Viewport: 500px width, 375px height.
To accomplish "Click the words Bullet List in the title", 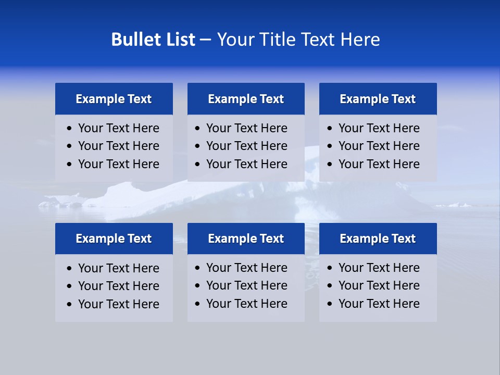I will tap(153, 40).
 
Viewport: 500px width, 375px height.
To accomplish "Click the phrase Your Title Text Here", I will tap(298, 40).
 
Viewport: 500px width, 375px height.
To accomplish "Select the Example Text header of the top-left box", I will tap(114, 99).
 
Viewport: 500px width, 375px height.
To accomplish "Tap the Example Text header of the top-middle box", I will tap(246, 99).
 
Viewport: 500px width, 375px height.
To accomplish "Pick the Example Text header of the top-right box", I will tap(378, 99).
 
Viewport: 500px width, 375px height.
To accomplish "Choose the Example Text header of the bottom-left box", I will tap(114, 239).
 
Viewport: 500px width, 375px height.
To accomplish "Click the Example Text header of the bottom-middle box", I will tap(246, 239).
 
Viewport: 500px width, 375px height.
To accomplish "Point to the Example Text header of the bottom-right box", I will tap(378, 239).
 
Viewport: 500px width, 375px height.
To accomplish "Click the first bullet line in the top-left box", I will tap(118, 128).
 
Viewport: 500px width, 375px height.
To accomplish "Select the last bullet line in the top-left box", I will tap(118, 164).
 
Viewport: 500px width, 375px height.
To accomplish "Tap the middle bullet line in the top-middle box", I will tap(246, 146).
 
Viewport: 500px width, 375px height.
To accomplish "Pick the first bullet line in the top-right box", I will tap(379, 128).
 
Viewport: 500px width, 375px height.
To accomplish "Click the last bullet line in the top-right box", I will tap(379, 164).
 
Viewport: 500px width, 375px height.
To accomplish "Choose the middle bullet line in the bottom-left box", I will tap(118, 286).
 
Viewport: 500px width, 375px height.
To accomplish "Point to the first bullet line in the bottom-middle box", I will tap(246, 268).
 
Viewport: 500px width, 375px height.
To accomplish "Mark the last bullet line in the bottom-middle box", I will tap(246, 304).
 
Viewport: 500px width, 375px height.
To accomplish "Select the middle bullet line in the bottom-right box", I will tap(379, 285).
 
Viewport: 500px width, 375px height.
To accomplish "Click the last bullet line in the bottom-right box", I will tap(379, 304).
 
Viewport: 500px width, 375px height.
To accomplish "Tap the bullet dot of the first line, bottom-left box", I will tap(70, 269).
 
